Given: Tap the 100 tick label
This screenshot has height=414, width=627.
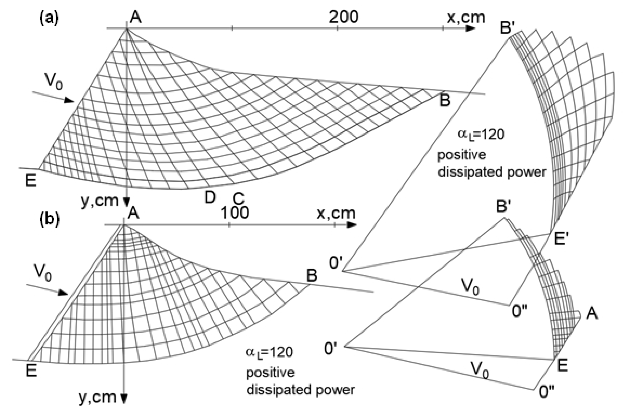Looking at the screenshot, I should [235, 213].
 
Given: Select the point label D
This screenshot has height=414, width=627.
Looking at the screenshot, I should [210, 197].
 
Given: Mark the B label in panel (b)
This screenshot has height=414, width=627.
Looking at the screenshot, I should [312, 276].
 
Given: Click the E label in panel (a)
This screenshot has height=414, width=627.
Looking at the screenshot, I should [31, 181].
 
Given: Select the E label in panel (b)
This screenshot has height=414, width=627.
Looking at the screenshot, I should [31, 370].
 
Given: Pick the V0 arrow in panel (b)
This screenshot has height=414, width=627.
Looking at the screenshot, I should [48, 289].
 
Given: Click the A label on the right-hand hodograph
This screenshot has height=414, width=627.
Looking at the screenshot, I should [591, 314].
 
